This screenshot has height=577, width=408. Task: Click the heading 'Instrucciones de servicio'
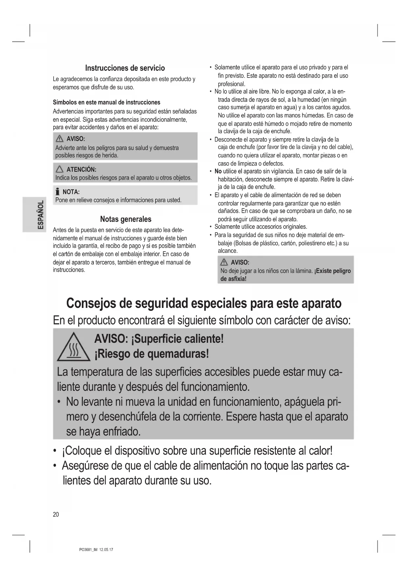tap(125, 68)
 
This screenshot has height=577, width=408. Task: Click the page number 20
tap(56, 514)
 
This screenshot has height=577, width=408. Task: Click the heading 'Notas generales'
tap(126, 219)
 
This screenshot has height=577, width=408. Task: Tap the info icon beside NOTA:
tap(58, 192)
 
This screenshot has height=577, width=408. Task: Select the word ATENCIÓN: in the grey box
tap(81, 169)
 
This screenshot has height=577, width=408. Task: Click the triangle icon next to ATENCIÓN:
tap(60, 169)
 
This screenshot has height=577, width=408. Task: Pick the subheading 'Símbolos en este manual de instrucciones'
tap(107, 102)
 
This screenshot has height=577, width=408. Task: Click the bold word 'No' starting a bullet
tap(218, 171)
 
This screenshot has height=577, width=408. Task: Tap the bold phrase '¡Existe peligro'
tap(333, 271)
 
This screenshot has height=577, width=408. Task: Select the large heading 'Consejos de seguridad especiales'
tap(204, 303)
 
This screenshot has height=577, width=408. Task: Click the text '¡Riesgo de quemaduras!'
tap(152, 354)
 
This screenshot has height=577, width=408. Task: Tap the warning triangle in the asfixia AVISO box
tap(224, 262)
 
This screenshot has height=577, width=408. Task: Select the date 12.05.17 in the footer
tap(106, 550)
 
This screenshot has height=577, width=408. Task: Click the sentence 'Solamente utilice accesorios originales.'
tap(261, 227)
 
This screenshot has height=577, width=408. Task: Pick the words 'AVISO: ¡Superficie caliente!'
tap(159, 339)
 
